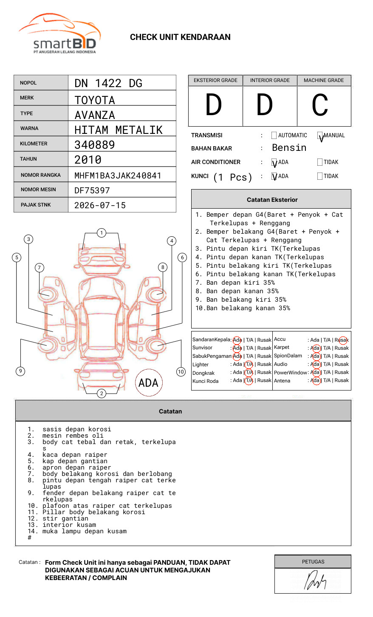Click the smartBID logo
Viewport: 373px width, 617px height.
point(59,34)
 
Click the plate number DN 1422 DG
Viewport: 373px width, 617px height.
point(108,83)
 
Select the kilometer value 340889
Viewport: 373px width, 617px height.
point(94,144)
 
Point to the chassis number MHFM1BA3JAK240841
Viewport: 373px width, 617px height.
point(118,175)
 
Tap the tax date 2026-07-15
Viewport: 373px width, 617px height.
point(100,205)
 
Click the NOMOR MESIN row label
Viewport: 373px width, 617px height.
point(38,190)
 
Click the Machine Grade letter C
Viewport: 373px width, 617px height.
point(319,105)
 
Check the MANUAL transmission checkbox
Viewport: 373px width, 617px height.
point(320,135)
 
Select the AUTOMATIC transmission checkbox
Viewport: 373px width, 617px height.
point(274,135)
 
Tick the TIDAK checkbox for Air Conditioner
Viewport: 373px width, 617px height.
point(320,162)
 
